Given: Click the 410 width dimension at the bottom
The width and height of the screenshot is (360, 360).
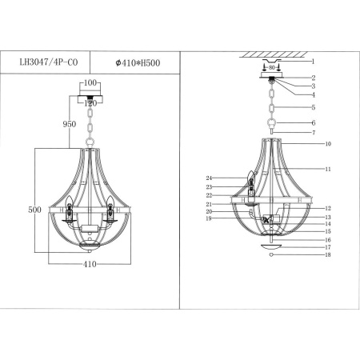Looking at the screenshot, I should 90,262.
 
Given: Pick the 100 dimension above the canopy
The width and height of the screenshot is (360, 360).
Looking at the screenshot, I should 90,82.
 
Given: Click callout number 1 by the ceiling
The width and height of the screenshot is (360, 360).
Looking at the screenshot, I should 314,61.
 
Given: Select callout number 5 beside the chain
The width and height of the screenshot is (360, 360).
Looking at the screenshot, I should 314,107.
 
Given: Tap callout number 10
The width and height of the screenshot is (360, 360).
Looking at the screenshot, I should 328,144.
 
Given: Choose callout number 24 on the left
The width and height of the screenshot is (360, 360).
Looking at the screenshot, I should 207,178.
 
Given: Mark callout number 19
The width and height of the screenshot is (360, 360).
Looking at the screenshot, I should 207,218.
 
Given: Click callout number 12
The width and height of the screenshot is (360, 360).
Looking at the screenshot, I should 328,208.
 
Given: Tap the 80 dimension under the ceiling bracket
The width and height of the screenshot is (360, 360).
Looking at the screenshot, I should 272,69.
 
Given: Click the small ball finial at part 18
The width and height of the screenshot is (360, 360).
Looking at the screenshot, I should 273,256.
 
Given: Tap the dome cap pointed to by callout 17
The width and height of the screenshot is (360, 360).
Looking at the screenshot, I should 273,246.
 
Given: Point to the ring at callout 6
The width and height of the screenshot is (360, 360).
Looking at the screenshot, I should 273,123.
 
